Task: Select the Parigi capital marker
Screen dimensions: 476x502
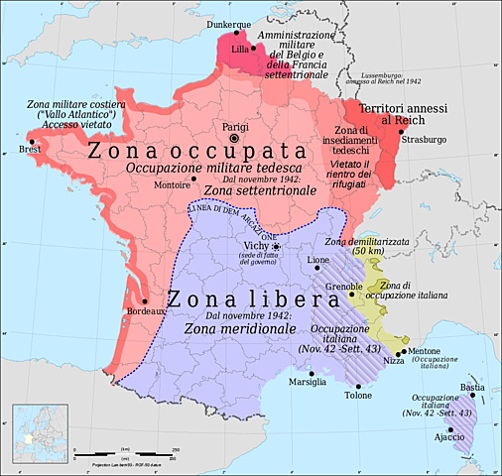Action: [x=234, y=140]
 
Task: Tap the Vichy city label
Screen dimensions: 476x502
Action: [x=256, y=246]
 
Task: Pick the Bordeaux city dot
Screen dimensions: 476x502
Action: [x=145, y=300]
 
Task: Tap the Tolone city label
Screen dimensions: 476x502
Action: [x=358, y=395]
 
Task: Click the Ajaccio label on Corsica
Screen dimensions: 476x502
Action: [x=450, y=437]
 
